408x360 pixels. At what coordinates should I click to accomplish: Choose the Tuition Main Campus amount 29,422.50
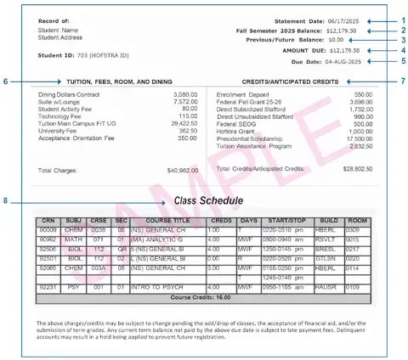click(178, 122)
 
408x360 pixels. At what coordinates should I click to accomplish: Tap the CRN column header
click(47, 220)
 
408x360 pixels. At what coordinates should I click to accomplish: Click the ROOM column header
click(354, 220)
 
